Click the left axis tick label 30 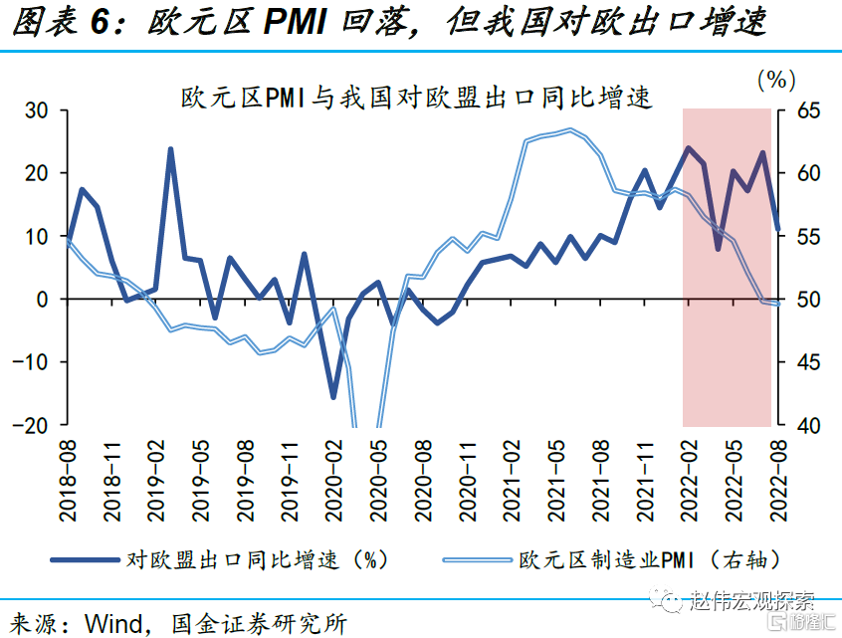[36, 110]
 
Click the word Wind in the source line [116, 623]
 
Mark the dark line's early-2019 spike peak [170, 149]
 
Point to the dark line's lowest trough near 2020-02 [333, 397]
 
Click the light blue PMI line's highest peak [569, 129]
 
